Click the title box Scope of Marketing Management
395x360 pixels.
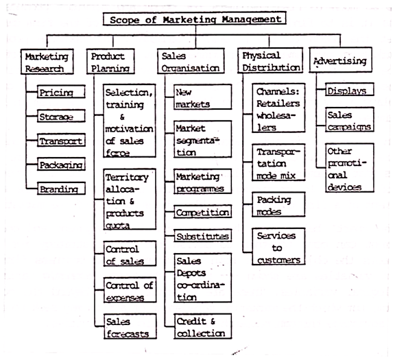195,19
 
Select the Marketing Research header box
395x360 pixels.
47,62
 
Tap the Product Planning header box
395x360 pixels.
110,62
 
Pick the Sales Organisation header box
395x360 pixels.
191,61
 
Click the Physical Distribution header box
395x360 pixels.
270,60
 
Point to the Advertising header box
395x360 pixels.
341,60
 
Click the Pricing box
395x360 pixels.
61,92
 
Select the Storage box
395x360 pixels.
61,116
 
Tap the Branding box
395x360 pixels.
61,188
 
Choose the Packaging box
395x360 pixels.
61,165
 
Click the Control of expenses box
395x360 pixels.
130,290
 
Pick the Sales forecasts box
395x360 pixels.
130,326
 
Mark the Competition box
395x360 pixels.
202,212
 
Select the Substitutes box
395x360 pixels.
202,236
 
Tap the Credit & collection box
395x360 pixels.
203,326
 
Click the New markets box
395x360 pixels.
202,97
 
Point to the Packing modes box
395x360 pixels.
278,204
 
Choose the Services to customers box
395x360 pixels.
278,246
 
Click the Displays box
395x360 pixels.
350,89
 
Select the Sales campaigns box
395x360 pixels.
350,120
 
